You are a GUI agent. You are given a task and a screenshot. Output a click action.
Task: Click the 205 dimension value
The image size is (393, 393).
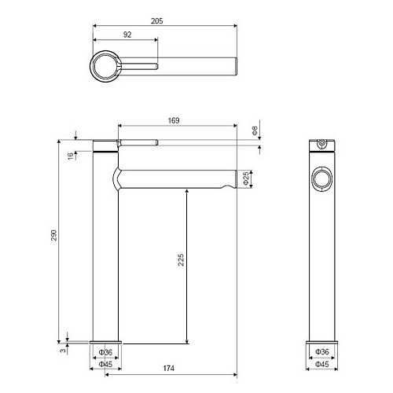click(156, 21)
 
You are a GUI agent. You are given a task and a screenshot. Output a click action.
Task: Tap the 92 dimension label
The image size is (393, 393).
click(127, 35)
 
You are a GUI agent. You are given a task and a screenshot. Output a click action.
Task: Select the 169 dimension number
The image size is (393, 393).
click(174, 120)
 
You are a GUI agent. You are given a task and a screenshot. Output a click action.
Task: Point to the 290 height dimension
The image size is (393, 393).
click(54, 235)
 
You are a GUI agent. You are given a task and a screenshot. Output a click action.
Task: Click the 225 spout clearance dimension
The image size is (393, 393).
click(181, 259)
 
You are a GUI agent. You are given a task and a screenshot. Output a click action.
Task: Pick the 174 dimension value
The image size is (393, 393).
click(168, 368)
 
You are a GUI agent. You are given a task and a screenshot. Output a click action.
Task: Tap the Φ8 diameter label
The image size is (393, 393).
click(255, 130)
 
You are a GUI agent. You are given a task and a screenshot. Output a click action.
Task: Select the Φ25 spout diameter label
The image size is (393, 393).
click(246, 178)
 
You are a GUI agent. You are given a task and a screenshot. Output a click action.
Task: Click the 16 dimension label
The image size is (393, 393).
click(71, 156)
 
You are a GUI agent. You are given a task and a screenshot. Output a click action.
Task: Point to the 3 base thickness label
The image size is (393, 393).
click(63, 350)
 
